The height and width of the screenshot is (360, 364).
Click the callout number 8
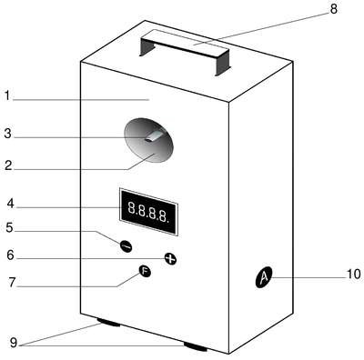tap(333, 9)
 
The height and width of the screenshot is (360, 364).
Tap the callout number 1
tap(7, 95)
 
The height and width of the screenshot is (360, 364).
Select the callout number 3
tap(8, 134)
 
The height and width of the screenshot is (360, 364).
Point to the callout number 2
tap(8, 165)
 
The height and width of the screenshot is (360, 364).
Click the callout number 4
tap(11, 204)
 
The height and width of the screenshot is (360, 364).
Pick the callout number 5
tap(10, 227)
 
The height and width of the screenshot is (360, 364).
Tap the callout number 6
tap(10, 255)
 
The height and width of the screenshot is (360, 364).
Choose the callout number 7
tap(12, 283)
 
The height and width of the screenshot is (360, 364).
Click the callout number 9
tap(14, 343)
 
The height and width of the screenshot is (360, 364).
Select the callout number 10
tap(354, 275)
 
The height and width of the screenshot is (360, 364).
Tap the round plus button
tap(170, 258)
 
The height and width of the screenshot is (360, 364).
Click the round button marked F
tap(145, 271)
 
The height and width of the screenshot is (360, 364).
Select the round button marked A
tap(264, 277)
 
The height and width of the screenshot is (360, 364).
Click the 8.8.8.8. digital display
tap(148, 212)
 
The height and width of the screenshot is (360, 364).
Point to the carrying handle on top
tap(185, 52)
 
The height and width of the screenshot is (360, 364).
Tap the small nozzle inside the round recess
tap(154, 137)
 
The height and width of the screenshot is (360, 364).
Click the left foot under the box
tap(108, 322)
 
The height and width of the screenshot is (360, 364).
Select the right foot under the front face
tap(196, 346)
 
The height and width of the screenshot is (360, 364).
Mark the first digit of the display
tap(132, 207)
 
